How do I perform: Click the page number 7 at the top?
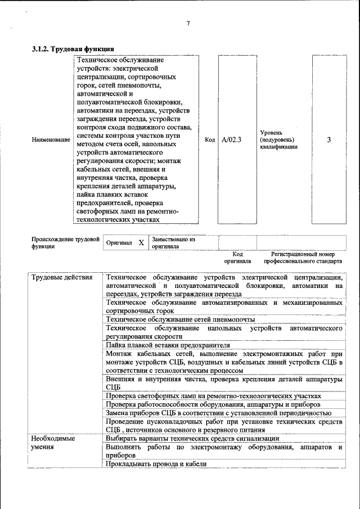click(x=188, y=23)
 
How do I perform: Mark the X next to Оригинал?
click(x=141, y=242)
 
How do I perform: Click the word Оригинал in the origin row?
click(x=119, y=243)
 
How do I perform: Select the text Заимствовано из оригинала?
click(x=173, y=242)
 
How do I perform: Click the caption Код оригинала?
click(x=237, y=258)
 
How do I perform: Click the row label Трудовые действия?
click(x=55, y=277)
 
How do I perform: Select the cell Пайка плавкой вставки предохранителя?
click(x=168, y=344)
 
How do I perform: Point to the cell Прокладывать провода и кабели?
click(x=156, y=463)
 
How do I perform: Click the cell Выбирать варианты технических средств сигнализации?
click(x=192, y=438)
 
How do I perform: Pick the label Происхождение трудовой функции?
click(x=65, y=242)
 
